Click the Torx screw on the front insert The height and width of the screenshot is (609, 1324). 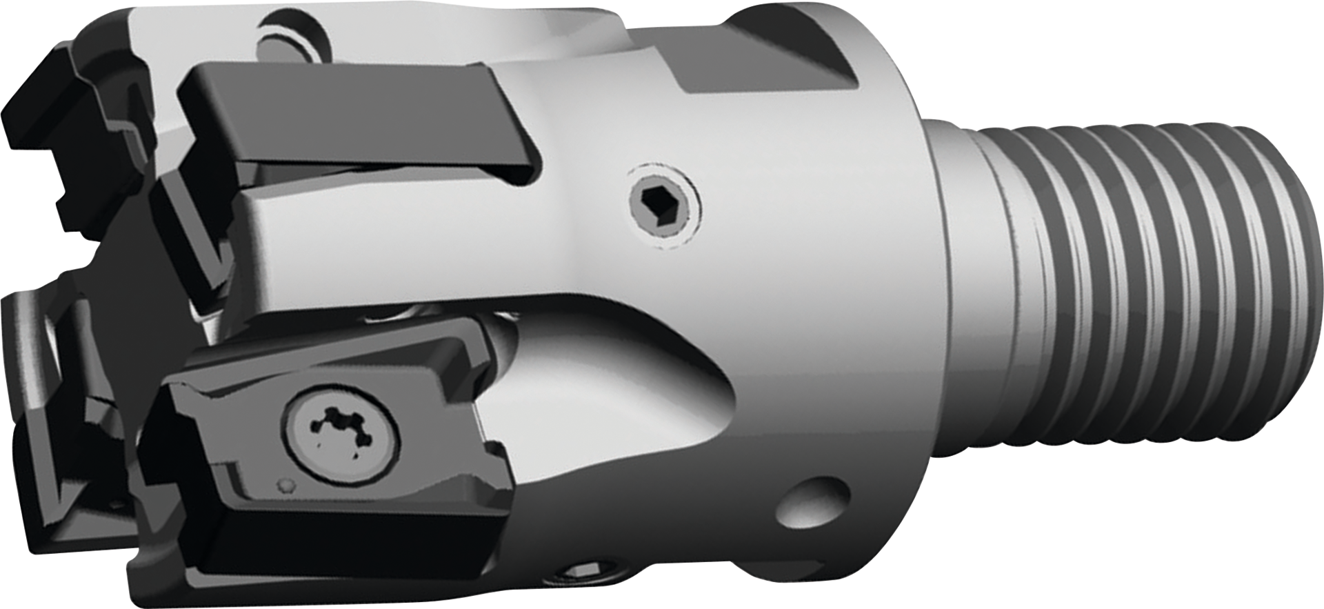click(x=339, y=430)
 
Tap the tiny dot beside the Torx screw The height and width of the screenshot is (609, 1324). click(x=285, y=483)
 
